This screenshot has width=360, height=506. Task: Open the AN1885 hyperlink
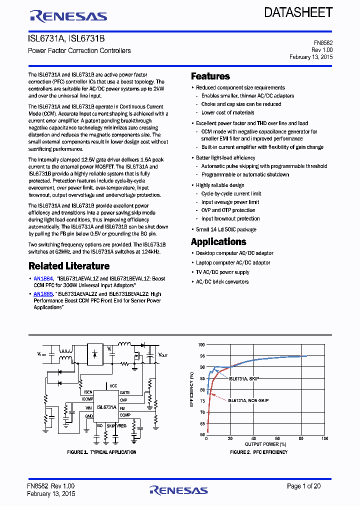[43, 294]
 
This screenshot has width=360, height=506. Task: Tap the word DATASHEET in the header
[298, 12]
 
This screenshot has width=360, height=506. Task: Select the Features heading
[210, 76]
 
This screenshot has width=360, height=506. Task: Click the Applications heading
[218, 241]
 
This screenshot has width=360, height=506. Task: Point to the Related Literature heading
[69, 266]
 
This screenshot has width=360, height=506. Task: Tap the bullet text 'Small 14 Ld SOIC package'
[226, 229]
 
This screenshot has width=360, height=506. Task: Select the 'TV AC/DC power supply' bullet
[222, 272]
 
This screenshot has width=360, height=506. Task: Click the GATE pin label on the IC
[124, 392]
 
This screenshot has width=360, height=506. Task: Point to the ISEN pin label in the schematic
[88, 392]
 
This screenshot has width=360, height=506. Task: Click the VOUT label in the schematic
[163, 354]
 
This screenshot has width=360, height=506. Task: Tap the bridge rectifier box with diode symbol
[95, 353]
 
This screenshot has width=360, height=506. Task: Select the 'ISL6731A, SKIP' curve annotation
[243, 379]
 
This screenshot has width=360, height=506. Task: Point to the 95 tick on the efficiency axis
[201, 356]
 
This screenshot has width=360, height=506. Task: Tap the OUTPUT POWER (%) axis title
[265, 444]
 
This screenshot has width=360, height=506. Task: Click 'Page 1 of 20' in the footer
[303, 486]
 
